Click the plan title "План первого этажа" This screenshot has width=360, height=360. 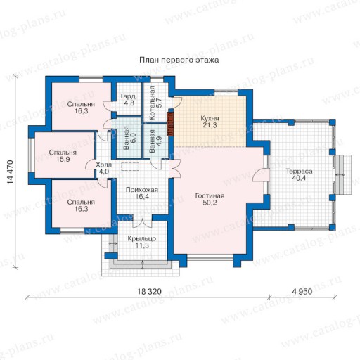(x=179, y=60)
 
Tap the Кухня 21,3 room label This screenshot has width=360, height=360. (x=210, y=122)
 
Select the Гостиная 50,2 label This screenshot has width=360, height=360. (x=210, y=199)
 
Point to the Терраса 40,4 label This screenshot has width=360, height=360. (x=299, y=174)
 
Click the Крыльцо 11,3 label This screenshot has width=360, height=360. (x=142, y=242)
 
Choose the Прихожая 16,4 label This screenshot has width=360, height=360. (x=142, y=193)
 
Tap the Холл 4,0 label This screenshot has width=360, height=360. (x=103, y=168)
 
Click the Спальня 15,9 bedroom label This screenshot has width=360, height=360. (x=63, y=156)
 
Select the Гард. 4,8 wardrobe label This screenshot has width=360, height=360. (x=129, y=100)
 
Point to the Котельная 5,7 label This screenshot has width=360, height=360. (x=155, y=103)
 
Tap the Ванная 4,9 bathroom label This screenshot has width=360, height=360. (x=155, y=141)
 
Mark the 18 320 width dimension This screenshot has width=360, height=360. (x=149, y=291)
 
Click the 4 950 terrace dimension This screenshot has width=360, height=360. (x=302, y=291)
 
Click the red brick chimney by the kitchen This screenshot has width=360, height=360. (x=170, y=124)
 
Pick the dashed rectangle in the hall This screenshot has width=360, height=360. (x=130, y=167)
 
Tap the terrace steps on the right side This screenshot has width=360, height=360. (x=342, y=174)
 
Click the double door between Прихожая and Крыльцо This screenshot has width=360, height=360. (x=143, y=223)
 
